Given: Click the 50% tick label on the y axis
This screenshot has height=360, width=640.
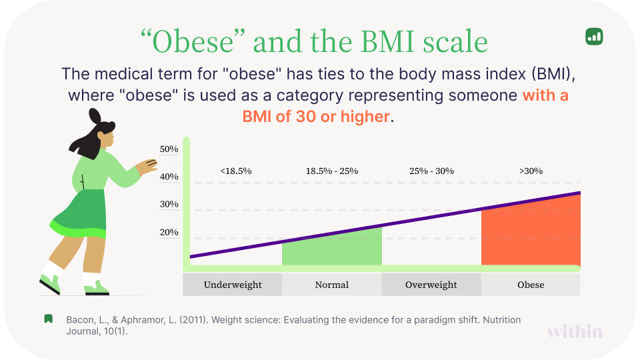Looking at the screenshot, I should click(x=169, y=149).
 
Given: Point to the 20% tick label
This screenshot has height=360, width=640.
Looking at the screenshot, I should click(x=169, y=233).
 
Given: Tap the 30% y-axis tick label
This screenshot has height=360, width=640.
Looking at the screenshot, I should click(x=169, y=205).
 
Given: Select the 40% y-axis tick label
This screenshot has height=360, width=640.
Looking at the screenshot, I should click(x=169, y=177).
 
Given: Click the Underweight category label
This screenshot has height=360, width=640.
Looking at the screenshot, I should click(x=233, y=285).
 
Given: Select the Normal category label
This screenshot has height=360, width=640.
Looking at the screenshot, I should click(x=331, y=285).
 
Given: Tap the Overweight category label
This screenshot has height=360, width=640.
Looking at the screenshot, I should click(x=431, y=285).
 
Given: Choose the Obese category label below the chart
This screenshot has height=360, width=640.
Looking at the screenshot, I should click(x=531, y=285).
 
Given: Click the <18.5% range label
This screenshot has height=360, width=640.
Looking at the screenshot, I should click(x=235, y=171).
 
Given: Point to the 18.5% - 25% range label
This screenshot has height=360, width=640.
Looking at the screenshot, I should click(x=332, y=171).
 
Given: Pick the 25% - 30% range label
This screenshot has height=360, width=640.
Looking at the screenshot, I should click(x=431, y=171).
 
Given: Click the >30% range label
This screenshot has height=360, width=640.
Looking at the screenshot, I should click(x=531, y=171).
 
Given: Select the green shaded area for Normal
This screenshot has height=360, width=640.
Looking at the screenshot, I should click(x=332, y=250).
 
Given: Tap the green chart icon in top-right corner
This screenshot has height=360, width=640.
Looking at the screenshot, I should click(x=594, y=37).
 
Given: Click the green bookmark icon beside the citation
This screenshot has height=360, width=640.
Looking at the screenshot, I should click(x=49, y=319).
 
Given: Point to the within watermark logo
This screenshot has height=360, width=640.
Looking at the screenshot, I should click(x=575, y=331).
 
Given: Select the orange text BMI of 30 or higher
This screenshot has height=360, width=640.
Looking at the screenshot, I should click(x=316, y=117).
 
